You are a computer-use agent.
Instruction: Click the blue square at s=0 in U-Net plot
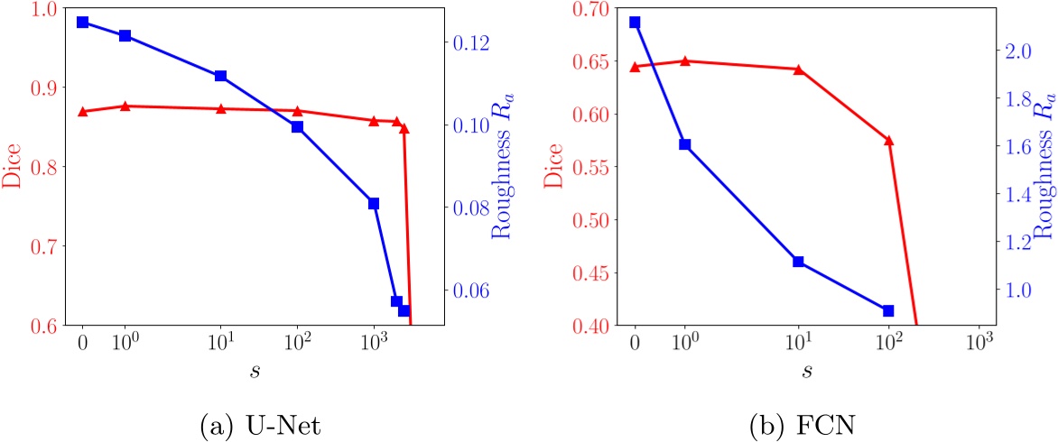(82, 22)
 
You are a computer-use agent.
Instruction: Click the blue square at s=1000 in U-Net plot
(373, 203)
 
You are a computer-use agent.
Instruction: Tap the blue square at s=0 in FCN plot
(635, 22)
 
